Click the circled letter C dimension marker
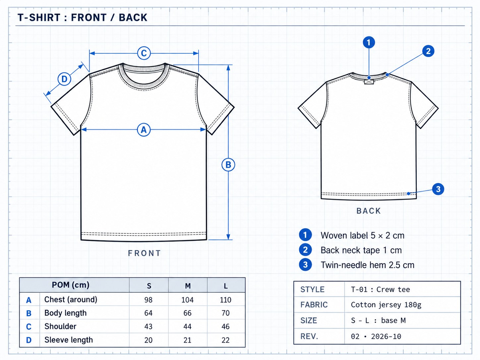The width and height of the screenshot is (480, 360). (144, 53)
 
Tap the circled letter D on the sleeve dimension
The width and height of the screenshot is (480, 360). (64, 79)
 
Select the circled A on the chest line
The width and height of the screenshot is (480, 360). (144, 130)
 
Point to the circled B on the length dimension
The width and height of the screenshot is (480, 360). (228, 165)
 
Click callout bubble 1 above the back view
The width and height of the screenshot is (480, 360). (369, 42)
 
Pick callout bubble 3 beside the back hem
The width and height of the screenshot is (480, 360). (438, 189)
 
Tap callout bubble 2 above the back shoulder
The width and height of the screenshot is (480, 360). (428, 51)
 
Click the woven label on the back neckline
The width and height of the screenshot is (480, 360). (369, 82)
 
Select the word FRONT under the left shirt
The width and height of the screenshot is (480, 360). (144, 253)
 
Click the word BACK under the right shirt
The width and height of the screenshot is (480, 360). (369, 211)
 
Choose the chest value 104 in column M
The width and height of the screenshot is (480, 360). (187, 300)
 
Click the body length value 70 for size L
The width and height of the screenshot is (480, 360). (225, 313)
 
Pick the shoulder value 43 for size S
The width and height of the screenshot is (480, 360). (148, 327)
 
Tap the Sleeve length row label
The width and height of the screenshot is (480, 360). (69, 340)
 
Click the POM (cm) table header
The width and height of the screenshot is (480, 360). (70, 285)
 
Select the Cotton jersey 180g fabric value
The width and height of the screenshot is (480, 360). (386, 305)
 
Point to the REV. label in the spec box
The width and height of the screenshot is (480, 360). (309, 336)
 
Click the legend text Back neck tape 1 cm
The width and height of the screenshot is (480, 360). (361, 250)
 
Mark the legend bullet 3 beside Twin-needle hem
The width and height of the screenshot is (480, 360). (305, 265)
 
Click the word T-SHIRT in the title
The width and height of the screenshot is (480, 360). (39, 18)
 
